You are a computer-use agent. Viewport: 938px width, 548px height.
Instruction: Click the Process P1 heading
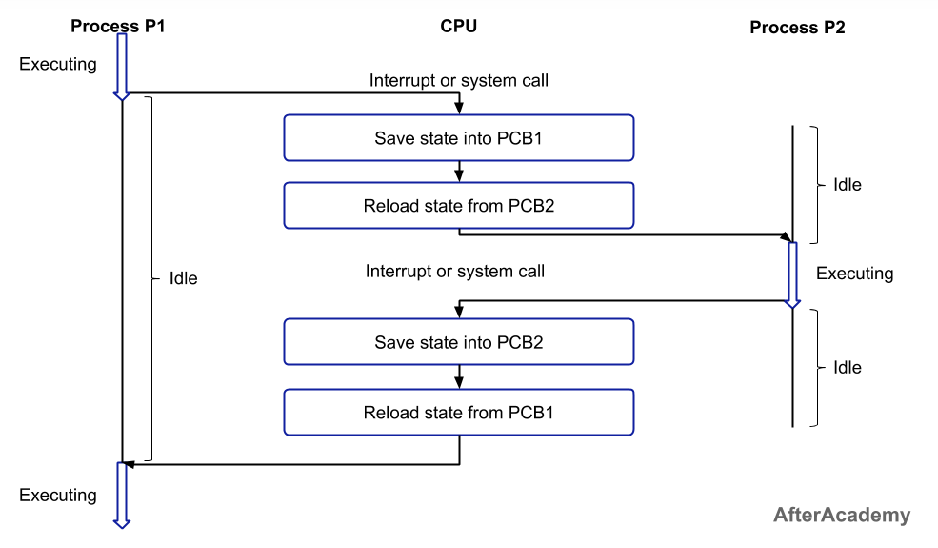pos(117,27)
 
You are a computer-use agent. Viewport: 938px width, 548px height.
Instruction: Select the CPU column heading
pos(458,27)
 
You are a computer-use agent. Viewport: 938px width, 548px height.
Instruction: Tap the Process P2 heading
pos(797,28)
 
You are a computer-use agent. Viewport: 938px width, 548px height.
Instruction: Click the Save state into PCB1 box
pos(458,137)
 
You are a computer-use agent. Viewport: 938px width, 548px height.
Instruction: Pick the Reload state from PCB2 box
pos(458,206)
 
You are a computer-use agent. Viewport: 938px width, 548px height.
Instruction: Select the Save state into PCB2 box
pos(458,342)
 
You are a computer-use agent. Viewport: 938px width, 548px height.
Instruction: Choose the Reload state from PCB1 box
pos(458,413)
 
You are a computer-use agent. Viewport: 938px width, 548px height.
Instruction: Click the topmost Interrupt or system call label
pos(458,81)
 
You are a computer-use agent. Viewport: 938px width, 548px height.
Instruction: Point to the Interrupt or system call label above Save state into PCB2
pos(454,272)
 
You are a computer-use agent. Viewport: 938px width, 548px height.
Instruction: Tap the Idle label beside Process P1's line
pos(183,279)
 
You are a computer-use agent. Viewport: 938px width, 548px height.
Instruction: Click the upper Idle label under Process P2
pos(847,185)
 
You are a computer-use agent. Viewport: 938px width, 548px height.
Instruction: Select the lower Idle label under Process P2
pos(847,368)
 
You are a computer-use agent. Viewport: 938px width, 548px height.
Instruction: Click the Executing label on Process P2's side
pos(854,274)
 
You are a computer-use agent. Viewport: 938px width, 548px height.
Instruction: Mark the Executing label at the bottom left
pos(58,496)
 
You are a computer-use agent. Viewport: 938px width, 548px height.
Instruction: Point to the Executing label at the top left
pos(58,65)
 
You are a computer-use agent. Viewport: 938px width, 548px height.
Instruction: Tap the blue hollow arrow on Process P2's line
pos(792,274)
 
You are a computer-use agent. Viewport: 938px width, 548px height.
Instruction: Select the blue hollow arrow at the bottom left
pos(121,495)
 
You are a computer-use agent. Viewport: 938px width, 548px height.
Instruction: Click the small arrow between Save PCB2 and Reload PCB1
pos(458,377)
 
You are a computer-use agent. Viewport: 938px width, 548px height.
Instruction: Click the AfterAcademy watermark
pos(841,516)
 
